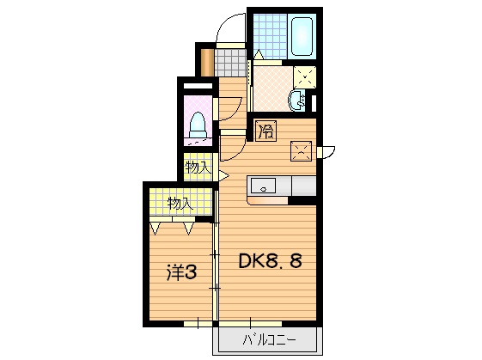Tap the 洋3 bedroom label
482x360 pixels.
coord(181,273)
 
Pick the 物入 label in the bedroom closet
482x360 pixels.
coord(178,204)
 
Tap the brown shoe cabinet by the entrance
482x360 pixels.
coord(206,61)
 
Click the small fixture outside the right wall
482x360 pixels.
coord(326,153)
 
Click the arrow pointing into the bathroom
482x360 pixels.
coord(257,55)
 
